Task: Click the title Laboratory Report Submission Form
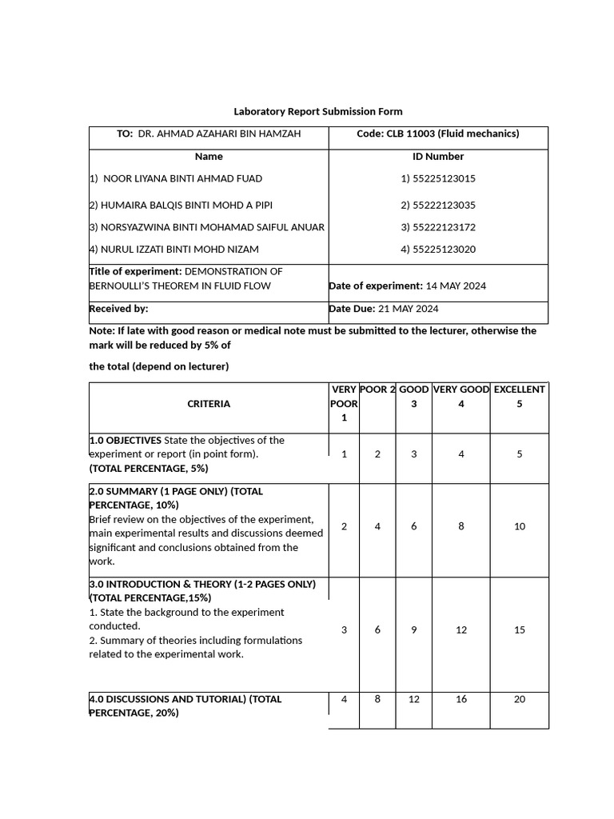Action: [318, 111]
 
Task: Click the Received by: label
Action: [118, 309]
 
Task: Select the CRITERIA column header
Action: [209, 404]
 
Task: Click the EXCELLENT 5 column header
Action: [520, 397]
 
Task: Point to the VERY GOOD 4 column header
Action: [461, 397]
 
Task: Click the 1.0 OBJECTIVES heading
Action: [126, 440]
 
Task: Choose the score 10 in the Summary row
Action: [520, 526]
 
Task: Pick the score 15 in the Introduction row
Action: [520, 629]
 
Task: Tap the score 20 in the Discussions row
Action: [520, 699]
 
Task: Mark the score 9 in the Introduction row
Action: [414, 629]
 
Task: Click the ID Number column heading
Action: [438, 157]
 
